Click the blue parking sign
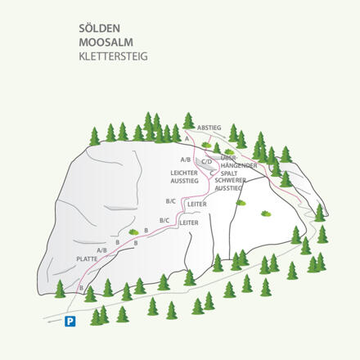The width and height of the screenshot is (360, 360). click(x=70, y=322)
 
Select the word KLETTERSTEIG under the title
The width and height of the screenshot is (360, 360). click(x=114, y=57)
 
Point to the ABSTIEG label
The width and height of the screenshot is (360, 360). click(x=209, y=128)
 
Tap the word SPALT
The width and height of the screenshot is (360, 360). click(x=229, y=173)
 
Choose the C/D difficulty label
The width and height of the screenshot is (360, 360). click(x=206, y=162)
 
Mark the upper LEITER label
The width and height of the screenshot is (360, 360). click(x=196, y=204)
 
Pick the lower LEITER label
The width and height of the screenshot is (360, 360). click(x=189, y=222)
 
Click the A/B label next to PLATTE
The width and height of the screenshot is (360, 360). click(x=101, y=250)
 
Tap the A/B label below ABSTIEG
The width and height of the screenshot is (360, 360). click(x=185, y=159)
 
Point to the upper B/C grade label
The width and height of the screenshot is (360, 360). click(x=170, y=201)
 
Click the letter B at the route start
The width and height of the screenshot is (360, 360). click(x=81, y=288)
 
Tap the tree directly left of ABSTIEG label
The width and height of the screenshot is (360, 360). click(x=189, y=121)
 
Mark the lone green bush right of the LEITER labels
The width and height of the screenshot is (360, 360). click(x=265, y=214)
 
